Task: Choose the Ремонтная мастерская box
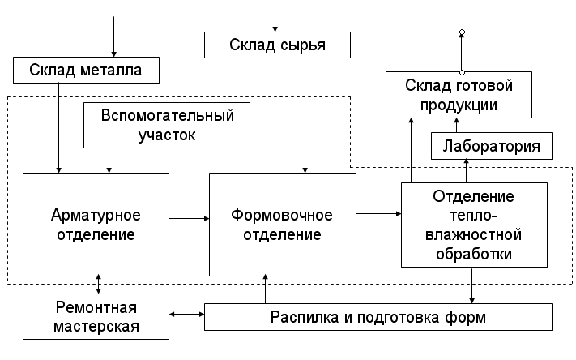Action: [x=96, y=317]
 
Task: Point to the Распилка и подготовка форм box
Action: [x=378, y=317]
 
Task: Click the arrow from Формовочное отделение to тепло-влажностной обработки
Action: [x=378, y=213]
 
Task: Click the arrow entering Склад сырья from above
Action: [x=276, y=16]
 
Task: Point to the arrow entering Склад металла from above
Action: [x=114, y=36]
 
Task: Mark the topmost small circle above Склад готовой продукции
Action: [x=462, y=32]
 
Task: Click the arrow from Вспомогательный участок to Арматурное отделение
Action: [x=110, y=160]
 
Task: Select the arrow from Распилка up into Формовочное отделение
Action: [x=266, y=290]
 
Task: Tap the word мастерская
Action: [x=96, y=327]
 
